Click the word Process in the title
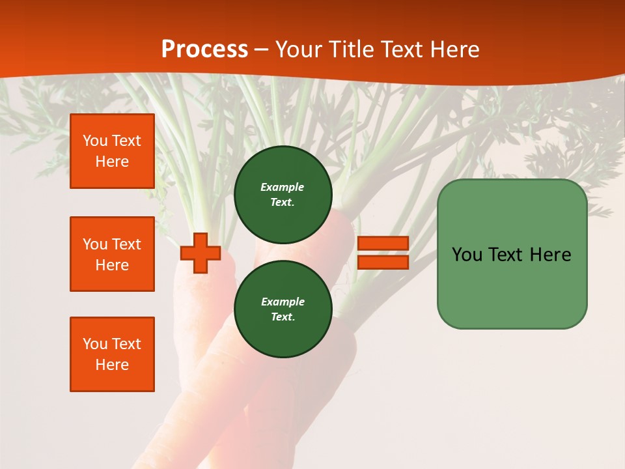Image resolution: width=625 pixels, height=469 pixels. (x=204, y=50)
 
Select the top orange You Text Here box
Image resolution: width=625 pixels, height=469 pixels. (x=112, y=151)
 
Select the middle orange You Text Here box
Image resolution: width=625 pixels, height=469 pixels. (x=112, y=254)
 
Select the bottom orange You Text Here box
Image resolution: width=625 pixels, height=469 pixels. (x=112, y=354)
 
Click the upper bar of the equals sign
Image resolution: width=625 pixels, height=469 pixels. (x=383, y=243)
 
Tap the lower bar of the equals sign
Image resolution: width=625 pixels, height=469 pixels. (x=383, y=263)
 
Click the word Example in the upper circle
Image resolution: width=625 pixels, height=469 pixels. (x=282, y=187)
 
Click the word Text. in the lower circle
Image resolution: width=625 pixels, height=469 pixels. (x=283, y=317)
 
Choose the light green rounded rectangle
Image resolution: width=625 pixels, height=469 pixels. (x=512, y=287)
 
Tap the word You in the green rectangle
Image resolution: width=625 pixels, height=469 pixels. (x=467, y=255)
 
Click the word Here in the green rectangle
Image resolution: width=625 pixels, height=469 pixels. (x=550, y=255)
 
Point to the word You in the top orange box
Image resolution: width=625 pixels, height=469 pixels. (x=95, y=141)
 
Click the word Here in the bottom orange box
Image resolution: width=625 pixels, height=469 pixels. (x=112, y=365)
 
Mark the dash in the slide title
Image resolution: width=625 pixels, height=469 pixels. (x=262, y=50)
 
